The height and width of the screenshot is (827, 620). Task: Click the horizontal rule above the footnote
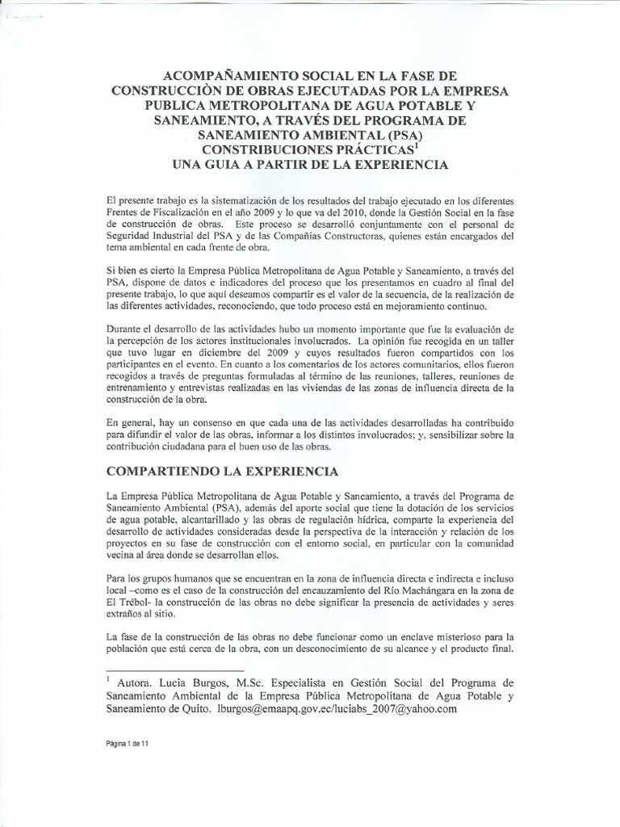point(175,670)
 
